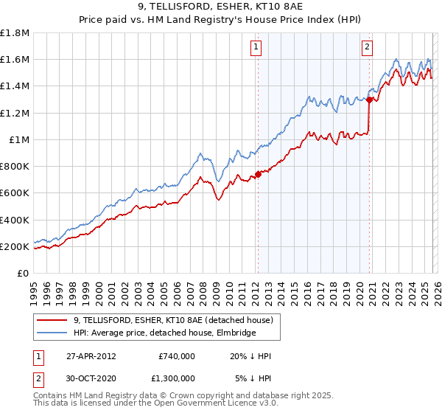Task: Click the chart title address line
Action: click(221, 8)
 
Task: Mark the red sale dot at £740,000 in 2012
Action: click(258, 175)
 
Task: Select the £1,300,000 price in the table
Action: click(177, 378)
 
